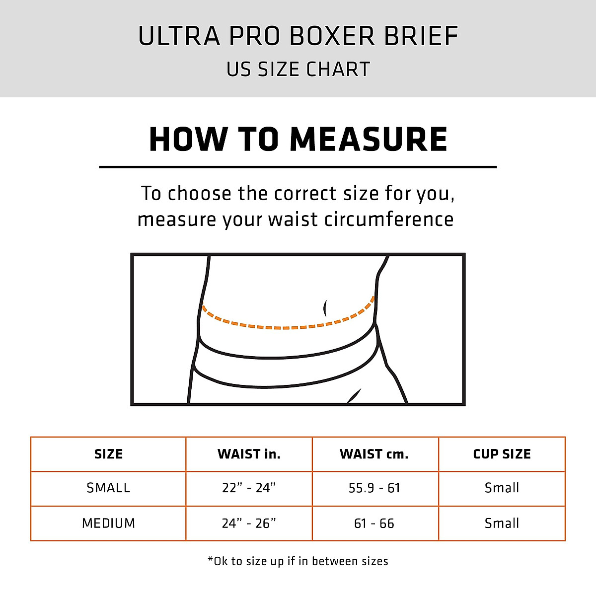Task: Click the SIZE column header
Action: coord(108,454)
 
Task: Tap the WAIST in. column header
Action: coord(249,454)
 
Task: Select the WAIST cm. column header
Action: coord(374,454)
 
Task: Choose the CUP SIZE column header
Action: coord(502,454)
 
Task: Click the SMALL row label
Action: coord(108,488)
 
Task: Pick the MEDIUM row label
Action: coord(108,523)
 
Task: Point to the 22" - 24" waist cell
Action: coord(249,488)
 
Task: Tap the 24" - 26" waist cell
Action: coord(249,523)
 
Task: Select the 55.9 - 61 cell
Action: coord(374,488)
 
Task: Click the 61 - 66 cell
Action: coord(374,523)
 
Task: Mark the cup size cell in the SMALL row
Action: coord(502,488)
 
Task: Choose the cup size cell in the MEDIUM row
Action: coord(502,523)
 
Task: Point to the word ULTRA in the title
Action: coord(179,36)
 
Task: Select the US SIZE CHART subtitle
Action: coord(298,70)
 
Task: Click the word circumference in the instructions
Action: coord(389,219)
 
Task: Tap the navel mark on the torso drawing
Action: coord(325,308)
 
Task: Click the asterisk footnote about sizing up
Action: coord(298,561)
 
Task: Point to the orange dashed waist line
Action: coord(286,327)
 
